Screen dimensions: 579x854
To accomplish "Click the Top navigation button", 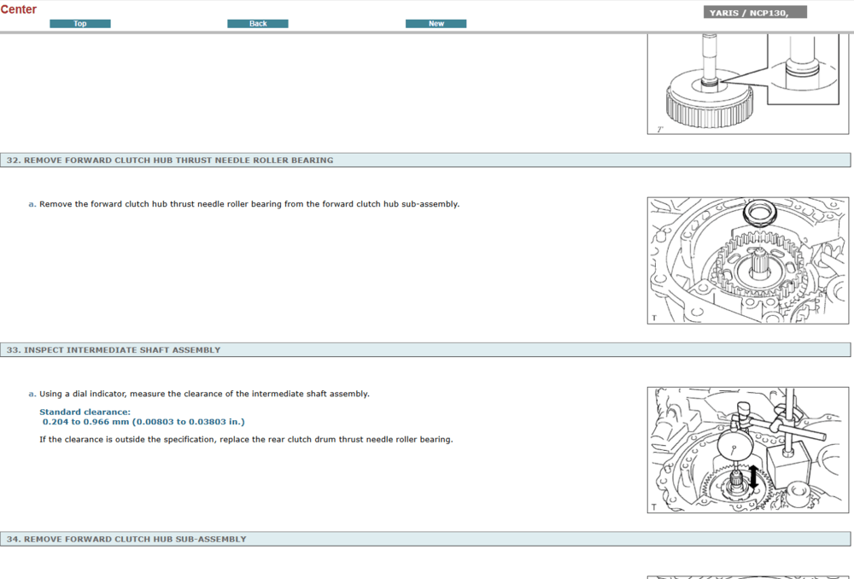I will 80,24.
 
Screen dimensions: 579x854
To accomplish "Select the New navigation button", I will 436,24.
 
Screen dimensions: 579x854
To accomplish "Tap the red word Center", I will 19,9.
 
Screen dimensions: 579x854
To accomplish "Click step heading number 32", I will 13,160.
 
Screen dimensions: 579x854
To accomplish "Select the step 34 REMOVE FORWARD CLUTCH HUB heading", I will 134,540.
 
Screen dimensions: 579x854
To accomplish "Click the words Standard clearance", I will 85,412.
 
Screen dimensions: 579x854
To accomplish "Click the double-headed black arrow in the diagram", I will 753,477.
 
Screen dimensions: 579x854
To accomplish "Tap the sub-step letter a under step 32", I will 32,204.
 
